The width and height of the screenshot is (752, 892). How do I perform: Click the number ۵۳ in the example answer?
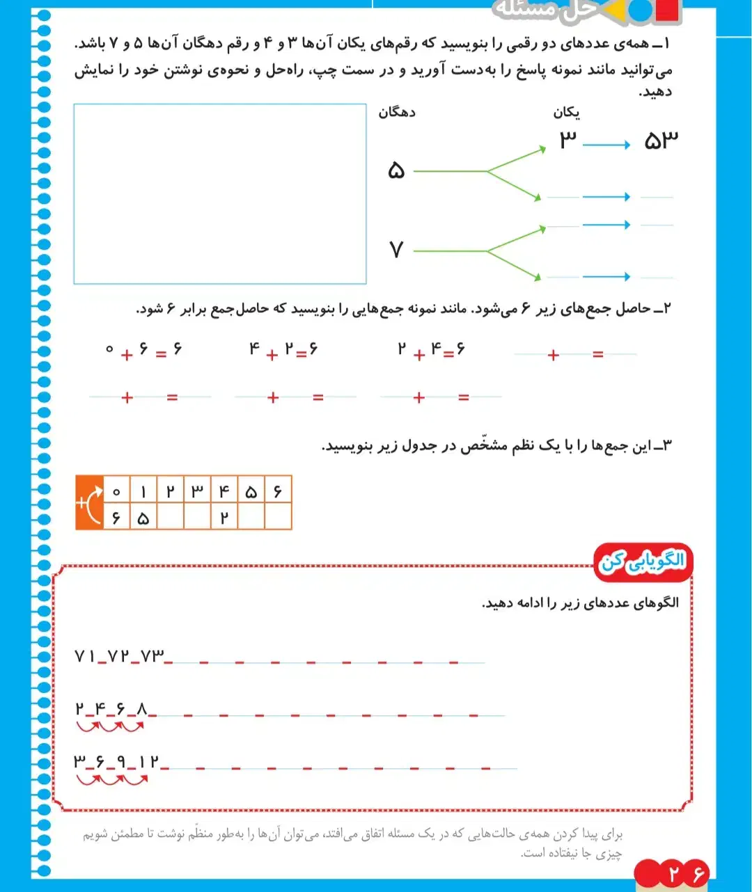[x=660, y=141]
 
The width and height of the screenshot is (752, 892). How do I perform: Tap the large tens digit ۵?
[x=396, y=170]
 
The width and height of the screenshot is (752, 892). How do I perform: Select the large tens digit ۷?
[x=396, y=249]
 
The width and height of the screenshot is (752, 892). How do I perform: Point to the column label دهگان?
[x=397, y=112]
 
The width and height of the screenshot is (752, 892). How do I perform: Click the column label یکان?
[x=567, y=112]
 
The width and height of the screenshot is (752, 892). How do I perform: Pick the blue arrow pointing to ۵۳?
[x=606, y=145]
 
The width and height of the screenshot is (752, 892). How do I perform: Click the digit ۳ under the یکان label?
[x=567, y=141]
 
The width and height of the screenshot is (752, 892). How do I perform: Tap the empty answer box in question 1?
[x=220, y=194]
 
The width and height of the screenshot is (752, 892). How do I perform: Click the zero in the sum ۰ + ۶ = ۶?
[x=109, y=349]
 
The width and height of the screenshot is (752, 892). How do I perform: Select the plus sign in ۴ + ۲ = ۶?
[x=272, y=354]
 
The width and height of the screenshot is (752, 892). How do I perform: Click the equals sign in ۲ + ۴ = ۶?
[x=448, y=354]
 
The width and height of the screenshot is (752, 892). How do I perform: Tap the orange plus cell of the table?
[x=89, y=503]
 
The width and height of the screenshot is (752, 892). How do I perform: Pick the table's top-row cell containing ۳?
[x=197, y=491]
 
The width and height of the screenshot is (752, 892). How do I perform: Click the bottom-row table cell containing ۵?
[x=143, y=518]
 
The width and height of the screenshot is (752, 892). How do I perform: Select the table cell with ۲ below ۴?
[x=224, y=518]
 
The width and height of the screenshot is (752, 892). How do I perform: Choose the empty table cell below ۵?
[x=251, y=518]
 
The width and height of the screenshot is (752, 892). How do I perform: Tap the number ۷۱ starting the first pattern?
[x=85, y=655]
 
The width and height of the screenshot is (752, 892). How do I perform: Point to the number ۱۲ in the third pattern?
[x=148, y=762]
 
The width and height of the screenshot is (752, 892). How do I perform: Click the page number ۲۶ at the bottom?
[x=687, y=873]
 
